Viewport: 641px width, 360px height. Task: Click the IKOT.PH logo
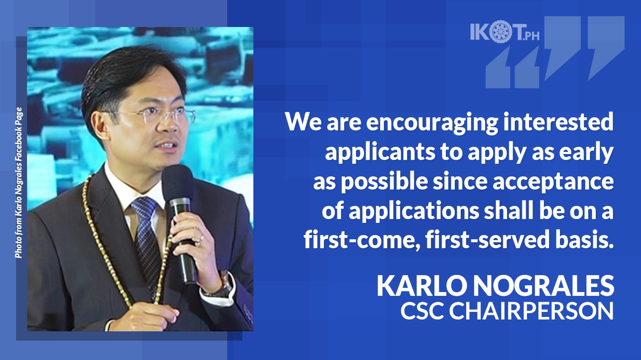[x=505, y=32]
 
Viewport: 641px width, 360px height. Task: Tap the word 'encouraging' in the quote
[x=432, y=123]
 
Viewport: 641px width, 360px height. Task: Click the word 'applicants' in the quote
[x=380, y=152]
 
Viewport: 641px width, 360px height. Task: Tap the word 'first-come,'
[x=361, y=240]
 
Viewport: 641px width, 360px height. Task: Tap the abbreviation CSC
[x=422, y=311]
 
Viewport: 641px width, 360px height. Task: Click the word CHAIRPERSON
[x=531, y=311]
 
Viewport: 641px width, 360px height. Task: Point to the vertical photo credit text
[x=19, y=182]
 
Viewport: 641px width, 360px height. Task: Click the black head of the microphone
[x=177, y=181]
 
